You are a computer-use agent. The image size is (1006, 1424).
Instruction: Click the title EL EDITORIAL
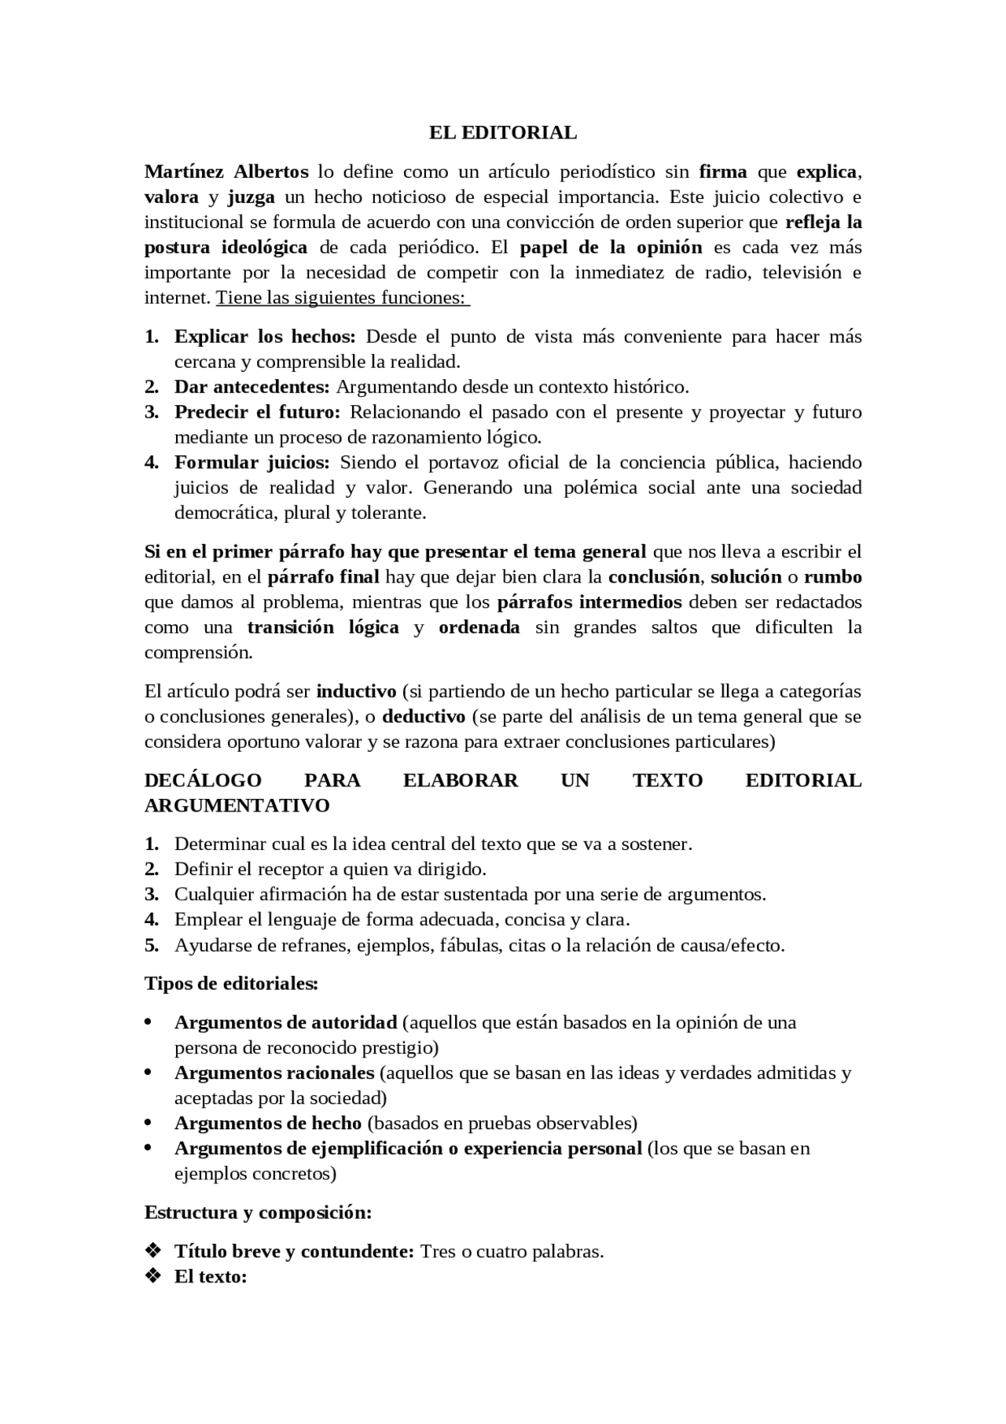point(502,133)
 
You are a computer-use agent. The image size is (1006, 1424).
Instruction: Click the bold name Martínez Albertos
point(226,171)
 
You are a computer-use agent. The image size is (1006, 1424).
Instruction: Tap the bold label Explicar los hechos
point(265,337)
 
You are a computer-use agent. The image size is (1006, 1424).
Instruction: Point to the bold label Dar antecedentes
point(251,387)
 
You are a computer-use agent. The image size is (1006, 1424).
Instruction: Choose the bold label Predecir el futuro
point(257,412)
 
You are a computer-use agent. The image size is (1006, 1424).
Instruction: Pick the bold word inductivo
point(356,691)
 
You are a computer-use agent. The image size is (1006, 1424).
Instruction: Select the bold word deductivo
point(424,716)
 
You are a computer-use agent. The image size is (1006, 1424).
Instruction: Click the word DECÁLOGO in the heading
point(203,780)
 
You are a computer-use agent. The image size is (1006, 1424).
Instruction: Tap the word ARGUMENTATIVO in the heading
point(237,805)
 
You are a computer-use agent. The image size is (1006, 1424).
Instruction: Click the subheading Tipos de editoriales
point(231,983)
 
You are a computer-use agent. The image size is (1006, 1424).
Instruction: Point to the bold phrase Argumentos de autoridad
point(285,1022)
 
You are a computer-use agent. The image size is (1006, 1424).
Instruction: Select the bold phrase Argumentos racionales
point(274,1073)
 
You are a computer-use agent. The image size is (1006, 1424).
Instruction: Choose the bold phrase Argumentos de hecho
point(268,1123)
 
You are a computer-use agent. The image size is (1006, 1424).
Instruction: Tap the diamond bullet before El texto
point(152,1276)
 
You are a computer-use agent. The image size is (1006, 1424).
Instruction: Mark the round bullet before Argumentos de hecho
point(148,1123)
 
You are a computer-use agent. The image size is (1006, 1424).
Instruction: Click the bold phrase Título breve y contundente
point(294,1251)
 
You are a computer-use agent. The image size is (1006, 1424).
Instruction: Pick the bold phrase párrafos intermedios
point(589,602)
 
